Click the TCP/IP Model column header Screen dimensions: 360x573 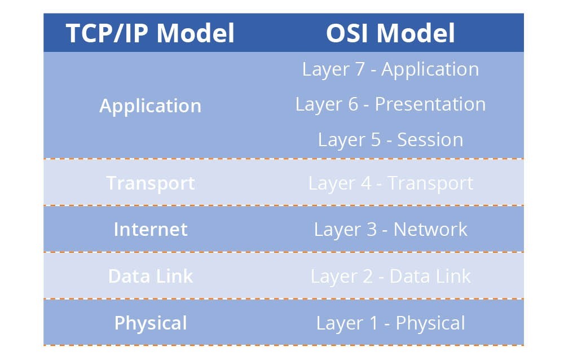150,33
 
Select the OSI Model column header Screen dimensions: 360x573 390,33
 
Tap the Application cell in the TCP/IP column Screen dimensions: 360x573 150,106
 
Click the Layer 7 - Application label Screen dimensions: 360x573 390,69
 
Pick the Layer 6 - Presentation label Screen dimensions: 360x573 390,104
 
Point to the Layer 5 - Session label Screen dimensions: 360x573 390,140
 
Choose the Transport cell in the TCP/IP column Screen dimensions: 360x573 150,183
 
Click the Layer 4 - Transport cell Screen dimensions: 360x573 390,183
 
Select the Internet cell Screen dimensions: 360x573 150,230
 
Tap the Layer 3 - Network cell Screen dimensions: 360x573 390,230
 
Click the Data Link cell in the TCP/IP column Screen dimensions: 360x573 150,276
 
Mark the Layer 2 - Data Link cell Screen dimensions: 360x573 390,276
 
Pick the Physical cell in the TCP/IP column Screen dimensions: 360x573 150,323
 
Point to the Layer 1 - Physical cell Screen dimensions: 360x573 390,323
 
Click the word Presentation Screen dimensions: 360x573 430,104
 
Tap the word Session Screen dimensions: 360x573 430,140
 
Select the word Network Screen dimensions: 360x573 430,230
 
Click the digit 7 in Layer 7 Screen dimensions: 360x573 359,69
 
